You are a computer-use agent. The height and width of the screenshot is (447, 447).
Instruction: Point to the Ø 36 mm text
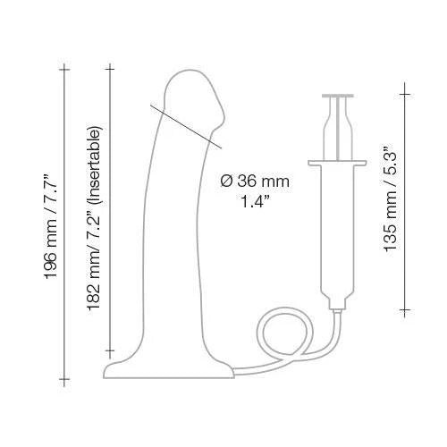254,180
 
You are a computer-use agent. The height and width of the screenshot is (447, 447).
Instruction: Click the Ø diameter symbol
225,180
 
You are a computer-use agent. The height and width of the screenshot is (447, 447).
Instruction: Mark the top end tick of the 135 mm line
404,89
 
